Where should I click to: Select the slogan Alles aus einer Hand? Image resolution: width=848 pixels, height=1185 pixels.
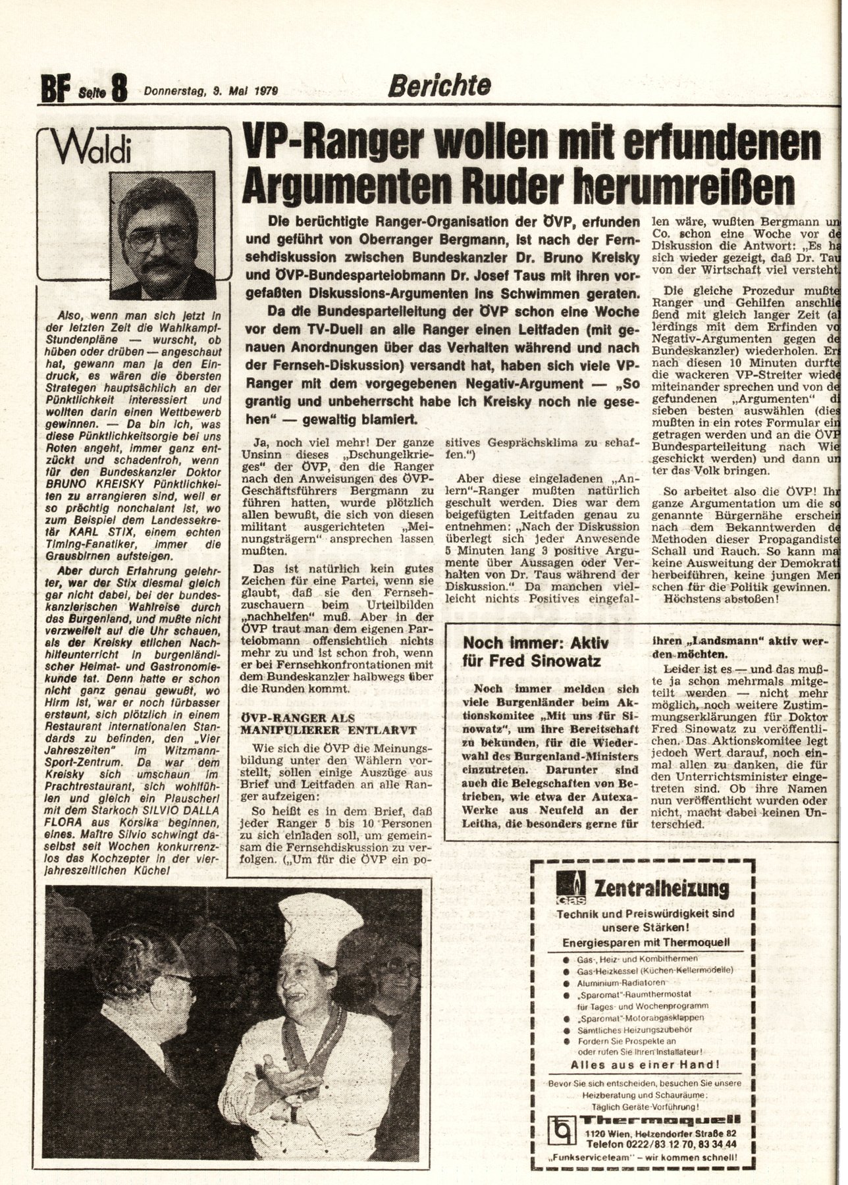tap(645, 1064)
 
